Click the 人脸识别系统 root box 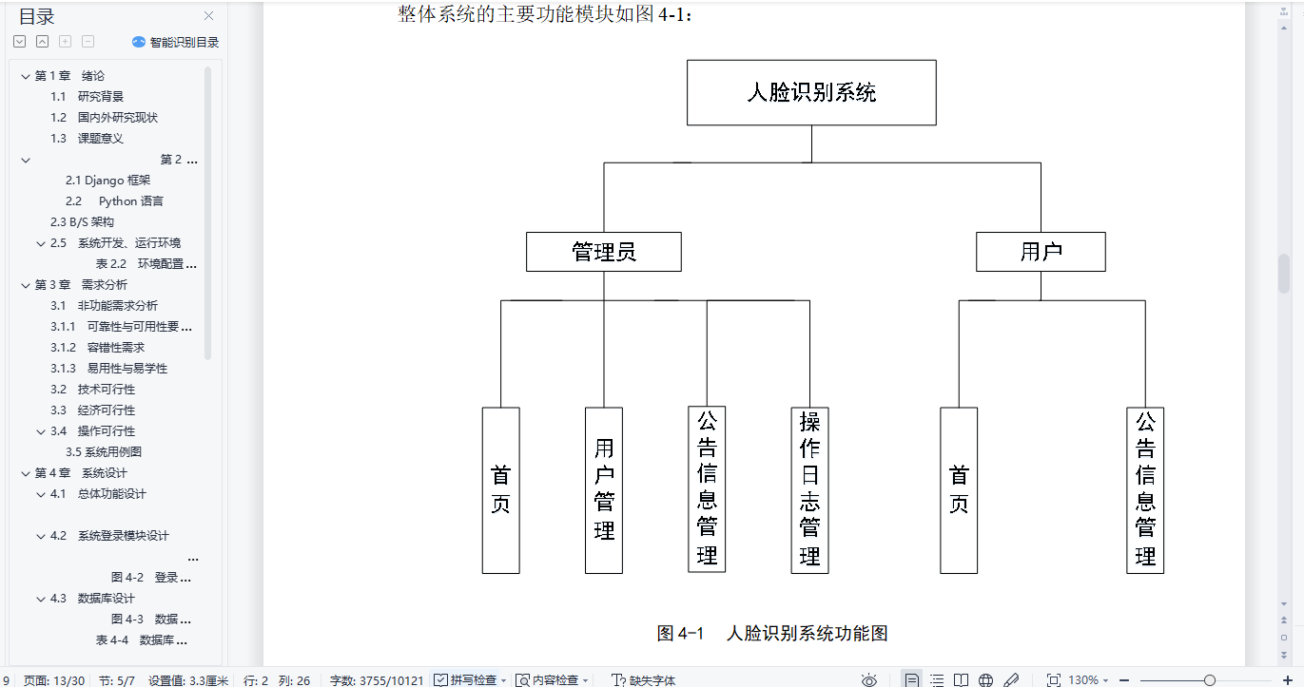811,93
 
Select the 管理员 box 604,252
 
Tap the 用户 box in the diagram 1041,252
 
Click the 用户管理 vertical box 604,490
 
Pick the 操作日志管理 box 809,490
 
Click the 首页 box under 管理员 500,490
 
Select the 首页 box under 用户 959,490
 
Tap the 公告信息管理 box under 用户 1145,490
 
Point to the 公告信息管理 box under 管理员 707,490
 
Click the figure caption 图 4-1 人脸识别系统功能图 772,634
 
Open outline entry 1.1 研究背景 100,97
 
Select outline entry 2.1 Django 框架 108,181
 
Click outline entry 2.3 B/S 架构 83,222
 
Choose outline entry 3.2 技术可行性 106,390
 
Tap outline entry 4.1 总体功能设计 111,494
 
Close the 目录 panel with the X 209,16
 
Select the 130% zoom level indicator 1083,679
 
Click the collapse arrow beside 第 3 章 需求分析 26,285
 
